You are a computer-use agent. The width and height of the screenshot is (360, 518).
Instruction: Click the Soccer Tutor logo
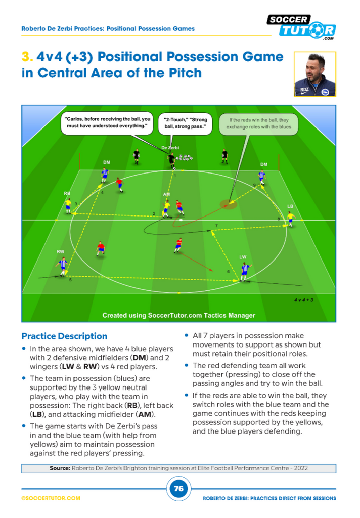(301, 27)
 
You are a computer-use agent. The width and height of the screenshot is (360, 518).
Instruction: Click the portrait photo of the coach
(315, 74)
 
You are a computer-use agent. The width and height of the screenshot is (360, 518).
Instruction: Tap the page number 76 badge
(178, 489)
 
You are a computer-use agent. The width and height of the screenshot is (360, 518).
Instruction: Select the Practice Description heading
(64, 336)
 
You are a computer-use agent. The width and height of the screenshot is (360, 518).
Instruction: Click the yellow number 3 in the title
(27, 57)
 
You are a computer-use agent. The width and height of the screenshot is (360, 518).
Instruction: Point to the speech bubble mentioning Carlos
(107, 122)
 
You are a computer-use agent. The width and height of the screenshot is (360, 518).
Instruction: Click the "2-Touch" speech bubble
(185, 123)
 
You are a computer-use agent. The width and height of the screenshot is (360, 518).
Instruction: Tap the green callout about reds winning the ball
(258, 123)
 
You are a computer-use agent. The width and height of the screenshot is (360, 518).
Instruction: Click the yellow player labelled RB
(68, 206)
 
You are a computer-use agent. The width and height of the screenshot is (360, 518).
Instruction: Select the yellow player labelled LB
(291, 219)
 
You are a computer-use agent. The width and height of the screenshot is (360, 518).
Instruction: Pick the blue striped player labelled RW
(62, 266)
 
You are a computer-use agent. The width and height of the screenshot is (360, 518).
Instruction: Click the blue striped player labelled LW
(245, 272)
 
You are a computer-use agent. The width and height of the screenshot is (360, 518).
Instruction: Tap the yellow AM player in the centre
(166, 208)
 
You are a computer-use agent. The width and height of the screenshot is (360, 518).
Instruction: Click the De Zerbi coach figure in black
(171, 159)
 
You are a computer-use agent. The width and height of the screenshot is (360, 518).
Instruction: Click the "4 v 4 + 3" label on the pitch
(303, 300)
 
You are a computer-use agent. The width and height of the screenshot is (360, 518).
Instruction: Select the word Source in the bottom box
(60, 468)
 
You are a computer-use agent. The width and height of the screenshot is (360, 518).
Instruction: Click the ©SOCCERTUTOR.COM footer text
(51, 498)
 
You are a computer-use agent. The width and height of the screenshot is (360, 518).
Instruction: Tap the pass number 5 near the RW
(70, 280)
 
